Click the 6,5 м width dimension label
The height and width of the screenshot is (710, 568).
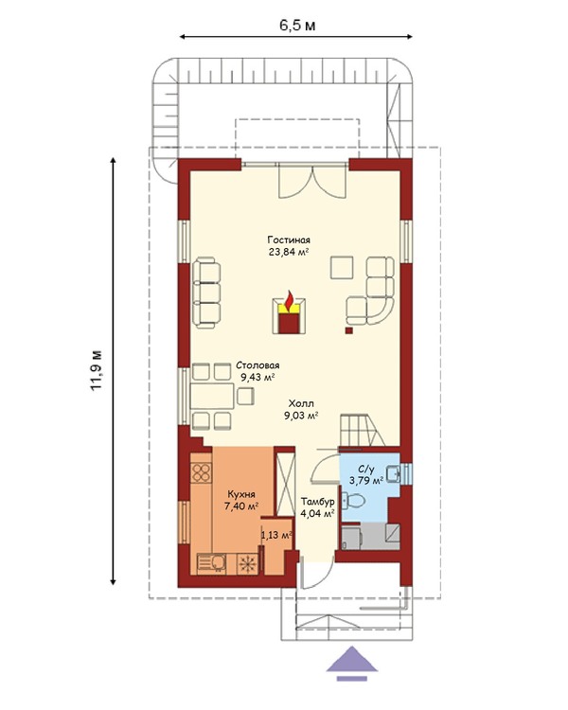click(296, 26)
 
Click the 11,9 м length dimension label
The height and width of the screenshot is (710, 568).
click(97, 370)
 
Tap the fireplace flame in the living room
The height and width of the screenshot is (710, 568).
click(289, 300)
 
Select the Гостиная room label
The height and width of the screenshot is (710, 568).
click(289, 240)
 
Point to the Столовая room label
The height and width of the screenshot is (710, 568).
click(257, 365)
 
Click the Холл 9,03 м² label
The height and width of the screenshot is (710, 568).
click(301, 410)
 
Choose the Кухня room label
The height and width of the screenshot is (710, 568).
click(241, 494)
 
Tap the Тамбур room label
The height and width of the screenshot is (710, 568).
click(318, 502)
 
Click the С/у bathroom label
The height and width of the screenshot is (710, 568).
click(366, 470)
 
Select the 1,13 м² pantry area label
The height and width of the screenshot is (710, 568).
click(276, 536)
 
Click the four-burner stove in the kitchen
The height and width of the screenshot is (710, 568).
click(201, 472)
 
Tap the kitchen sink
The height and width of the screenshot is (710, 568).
click(213, 564)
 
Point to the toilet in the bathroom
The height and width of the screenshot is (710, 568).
click(354, 501)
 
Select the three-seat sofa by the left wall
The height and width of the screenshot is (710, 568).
click(206, 293)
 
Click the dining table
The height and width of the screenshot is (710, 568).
click(212, 397)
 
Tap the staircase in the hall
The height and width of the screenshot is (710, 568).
click(362, 430)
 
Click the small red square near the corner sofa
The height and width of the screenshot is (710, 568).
click(348, 330)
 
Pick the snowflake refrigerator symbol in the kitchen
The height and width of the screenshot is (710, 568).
click(247, 564)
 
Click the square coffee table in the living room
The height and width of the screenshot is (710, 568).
click(342, 268)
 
